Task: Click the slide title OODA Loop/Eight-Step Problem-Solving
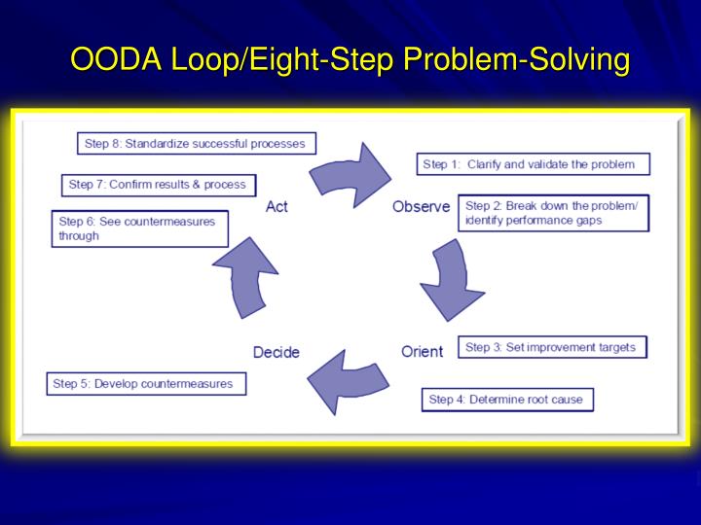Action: point(350,60)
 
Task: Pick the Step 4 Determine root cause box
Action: point(506,399)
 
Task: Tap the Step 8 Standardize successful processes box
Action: point(196,144)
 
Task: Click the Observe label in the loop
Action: point(421,206)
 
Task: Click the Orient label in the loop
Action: point(422,351)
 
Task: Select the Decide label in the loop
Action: point(277,352)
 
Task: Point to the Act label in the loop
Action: point(277,206)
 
